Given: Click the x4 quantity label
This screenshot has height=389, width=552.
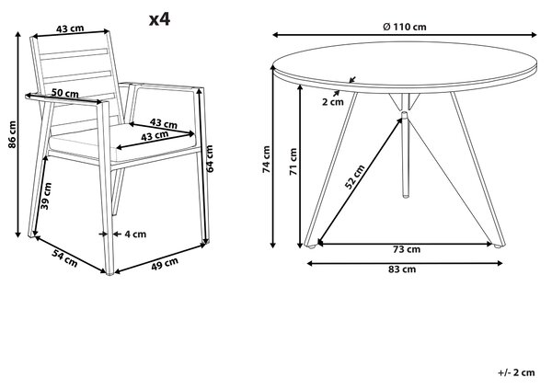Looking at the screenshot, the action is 159,19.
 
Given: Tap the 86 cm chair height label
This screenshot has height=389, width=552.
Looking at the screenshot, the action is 13,134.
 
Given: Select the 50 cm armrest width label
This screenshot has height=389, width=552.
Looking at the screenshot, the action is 65,93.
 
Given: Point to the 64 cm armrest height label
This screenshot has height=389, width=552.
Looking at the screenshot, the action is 210,159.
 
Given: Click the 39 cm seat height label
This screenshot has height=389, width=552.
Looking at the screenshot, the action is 46,196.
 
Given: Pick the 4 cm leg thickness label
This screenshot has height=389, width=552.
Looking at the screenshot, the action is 135,235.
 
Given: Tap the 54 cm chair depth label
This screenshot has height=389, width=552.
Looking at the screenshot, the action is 64,258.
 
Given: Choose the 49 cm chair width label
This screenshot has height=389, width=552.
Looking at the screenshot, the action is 165,264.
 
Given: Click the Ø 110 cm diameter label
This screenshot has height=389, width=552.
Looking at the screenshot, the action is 405,27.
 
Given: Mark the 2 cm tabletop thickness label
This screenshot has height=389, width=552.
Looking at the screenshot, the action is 333,102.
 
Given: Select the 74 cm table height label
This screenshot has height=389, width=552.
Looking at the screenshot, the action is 267,159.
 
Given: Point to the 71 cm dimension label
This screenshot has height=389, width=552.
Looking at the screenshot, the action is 293,162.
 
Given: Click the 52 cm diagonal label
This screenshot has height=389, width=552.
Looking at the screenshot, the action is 354,177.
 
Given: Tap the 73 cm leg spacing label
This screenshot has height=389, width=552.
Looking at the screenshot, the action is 407,249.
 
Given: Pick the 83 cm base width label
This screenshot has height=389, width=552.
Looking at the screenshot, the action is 402,269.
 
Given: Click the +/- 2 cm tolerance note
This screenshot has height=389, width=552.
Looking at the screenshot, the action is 516,372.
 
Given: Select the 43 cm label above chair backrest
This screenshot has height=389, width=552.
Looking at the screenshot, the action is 70,29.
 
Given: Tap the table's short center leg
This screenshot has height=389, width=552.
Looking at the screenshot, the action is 406,154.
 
